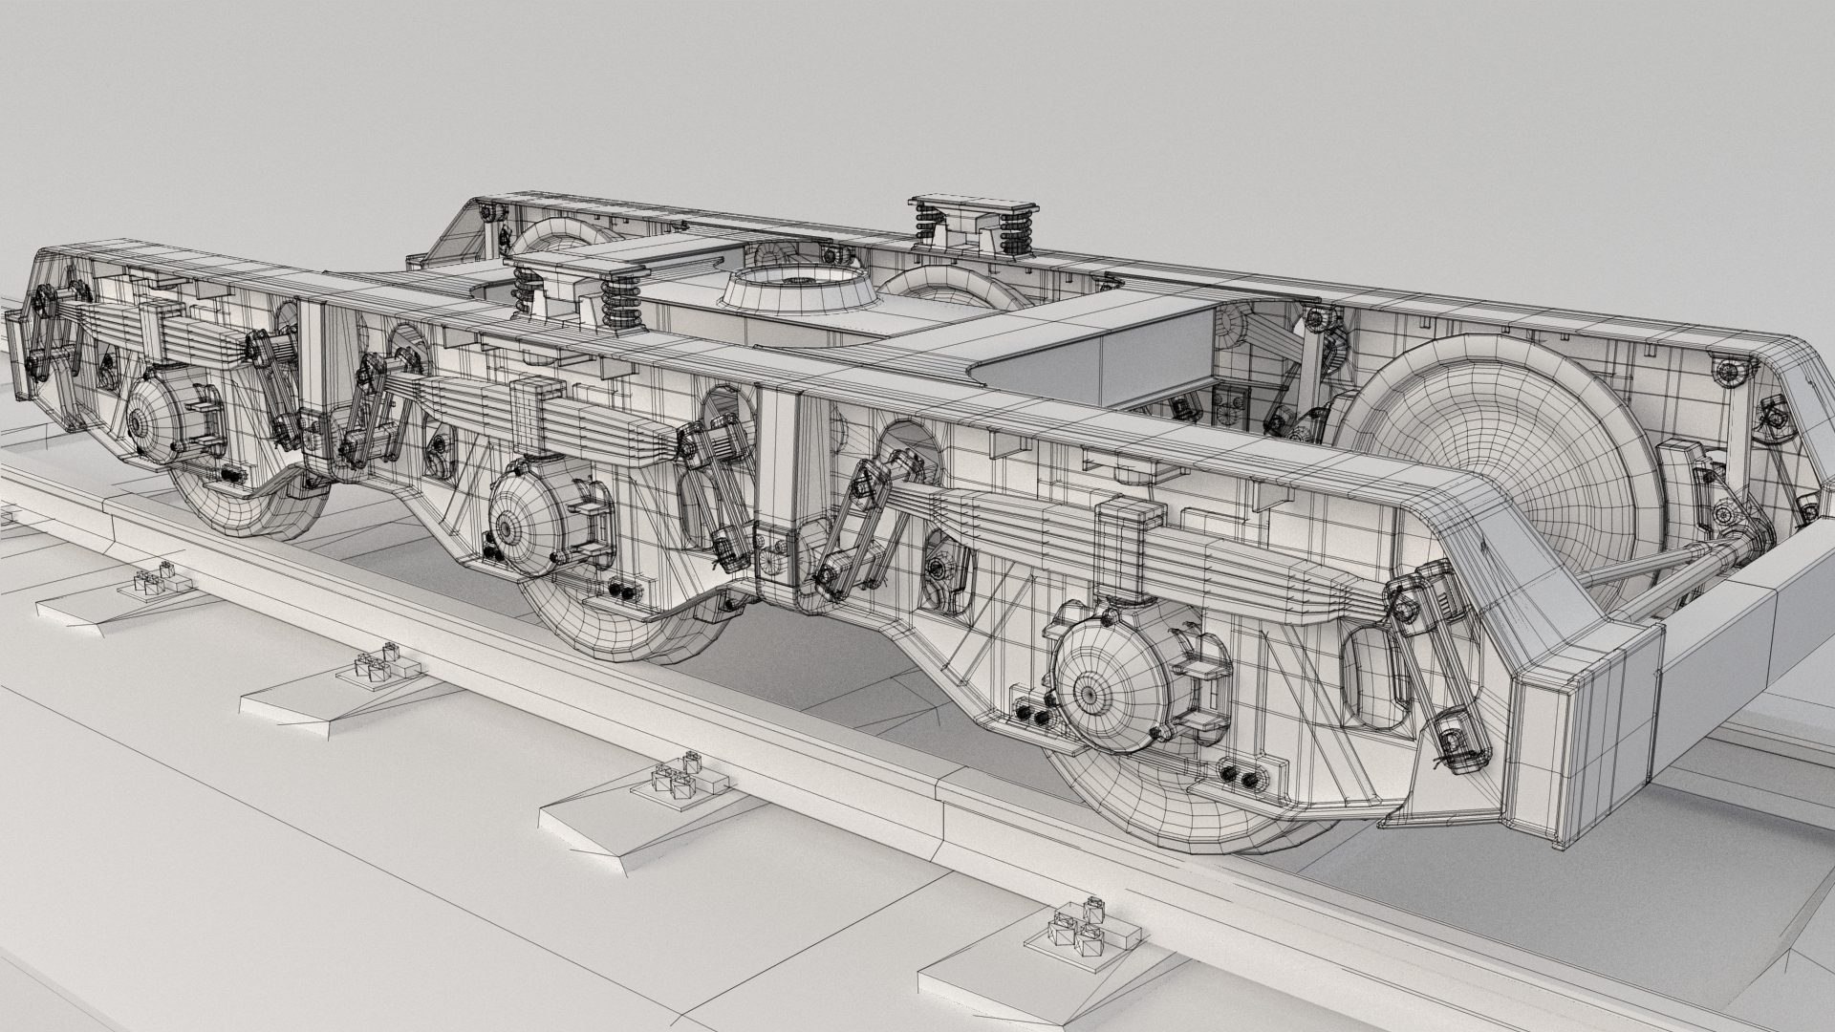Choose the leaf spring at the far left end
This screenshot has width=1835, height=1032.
click(x=143, y=325)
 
